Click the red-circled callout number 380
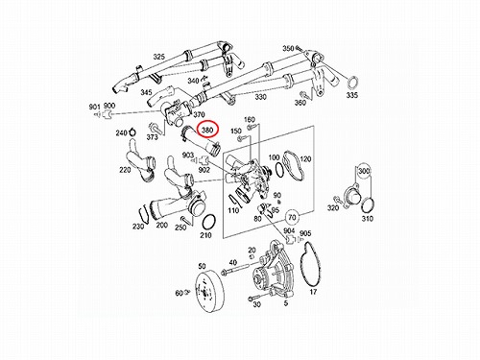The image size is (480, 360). [207, 130]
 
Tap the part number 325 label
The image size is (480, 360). [158, 57]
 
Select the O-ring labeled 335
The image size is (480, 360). [353, 84]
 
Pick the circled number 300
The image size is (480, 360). [364, 171]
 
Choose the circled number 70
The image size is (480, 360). [292, 218]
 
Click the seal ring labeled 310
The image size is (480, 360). [368, 204]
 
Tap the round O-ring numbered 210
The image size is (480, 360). [209, 222]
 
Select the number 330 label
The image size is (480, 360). [261, 96]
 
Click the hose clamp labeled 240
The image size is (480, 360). [132, 132]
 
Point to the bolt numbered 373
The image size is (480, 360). [156, 128]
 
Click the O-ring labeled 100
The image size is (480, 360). [278, 169]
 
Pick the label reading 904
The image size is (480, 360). [289, 231]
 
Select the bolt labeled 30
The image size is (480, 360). [253, 299]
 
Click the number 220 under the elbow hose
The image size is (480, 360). [125, 170]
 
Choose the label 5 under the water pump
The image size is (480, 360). [286, 303]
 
